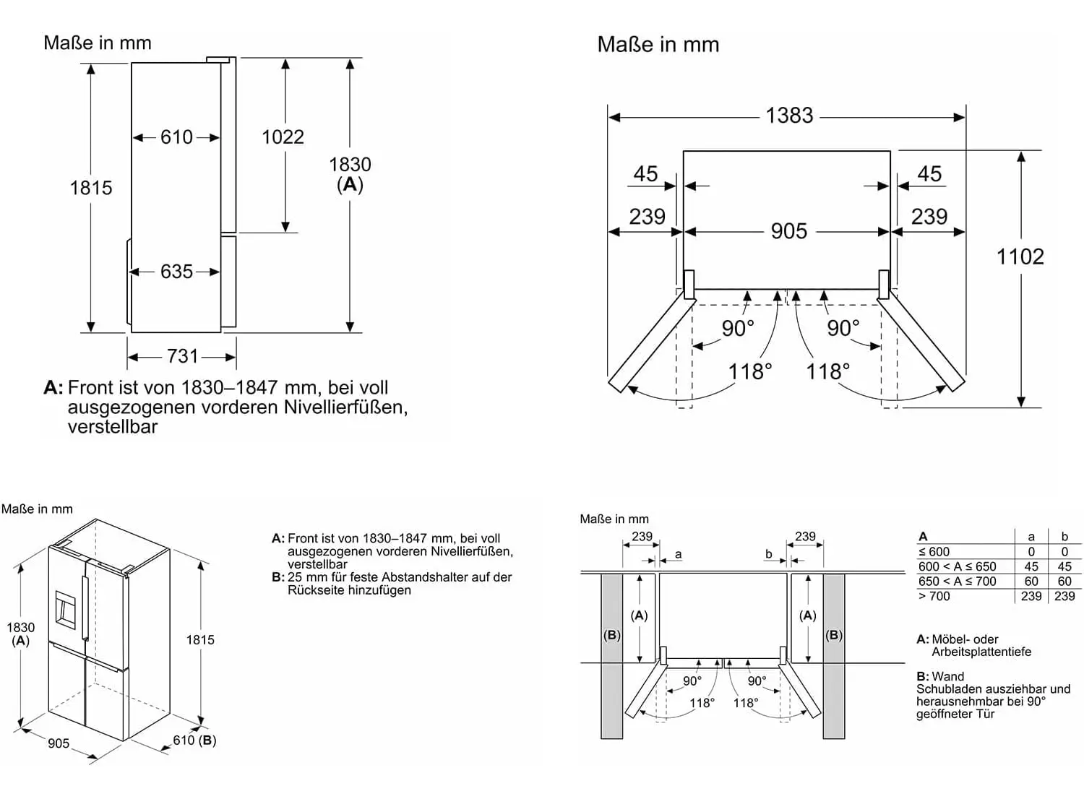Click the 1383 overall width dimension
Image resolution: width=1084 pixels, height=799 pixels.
point(789,116)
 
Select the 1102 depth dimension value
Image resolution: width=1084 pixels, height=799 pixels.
point(1020,256)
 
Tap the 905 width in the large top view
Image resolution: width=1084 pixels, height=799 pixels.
point(788,231)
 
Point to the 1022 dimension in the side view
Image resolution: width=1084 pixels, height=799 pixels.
point(283,137)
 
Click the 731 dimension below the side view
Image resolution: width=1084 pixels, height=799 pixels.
point(182,356)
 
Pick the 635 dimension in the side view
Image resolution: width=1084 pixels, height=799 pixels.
point(176,272)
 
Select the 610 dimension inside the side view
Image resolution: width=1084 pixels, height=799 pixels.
point(176,137)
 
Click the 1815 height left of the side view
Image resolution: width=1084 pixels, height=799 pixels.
point(91,188)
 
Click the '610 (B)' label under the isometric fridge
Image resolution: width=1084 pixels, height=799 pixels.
point(194,740)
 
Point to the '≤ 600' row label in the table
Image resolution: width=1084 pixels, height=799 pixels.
point(934,552)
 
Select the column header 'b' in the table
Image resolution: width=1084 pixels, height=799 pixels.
point(1064,537)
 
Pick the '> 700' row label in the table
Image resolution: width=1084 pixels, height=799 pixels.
point(934,597)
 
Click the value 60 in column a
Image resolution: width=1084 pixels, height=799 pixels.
point(1031,582)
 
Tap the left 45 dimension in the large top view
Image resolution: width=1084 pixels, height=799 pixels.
point(645,174)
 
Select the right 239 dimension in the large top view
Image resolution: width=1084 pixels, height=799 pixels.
point(929,217)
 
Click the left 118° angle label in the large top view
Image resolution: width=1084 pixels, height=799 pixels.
point(749,372)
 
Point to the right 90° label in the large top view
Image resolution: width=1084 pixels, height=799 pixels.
point(843,328)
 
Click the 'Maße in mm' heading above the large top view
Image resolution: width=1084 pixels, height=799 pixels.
point(658,45)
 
